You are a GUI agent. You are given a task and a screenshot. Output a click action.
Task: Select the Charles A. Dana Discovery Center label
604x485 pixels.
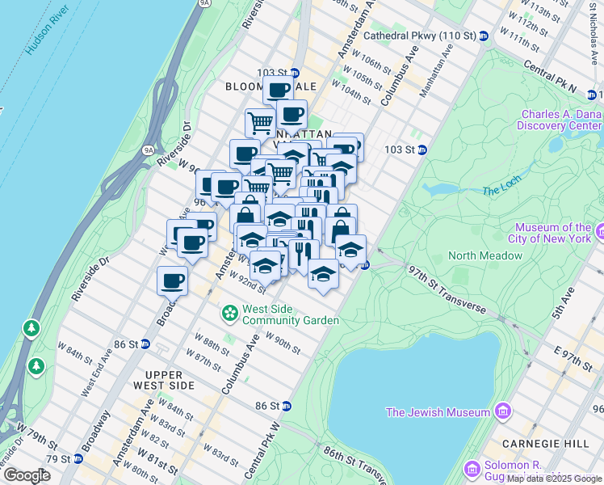pyautogui.click(x=560, y=120)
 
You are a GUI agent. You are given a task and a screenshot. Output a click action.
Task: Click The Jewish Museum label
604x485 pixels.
pyautogui.click(x=438, y=412)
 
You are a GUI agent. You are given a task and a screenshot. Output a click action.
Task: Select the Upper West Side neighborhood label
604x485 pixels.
pyautogui.click(x=170, y=380)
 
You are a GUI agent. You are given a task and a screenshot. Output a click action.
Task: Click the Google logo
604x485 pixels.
pyautogui.click(x=27, y=475)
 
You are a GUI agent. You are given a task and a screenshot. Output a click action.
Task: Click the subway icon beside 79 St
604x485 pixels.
pyautogui.click(x=78, y=459)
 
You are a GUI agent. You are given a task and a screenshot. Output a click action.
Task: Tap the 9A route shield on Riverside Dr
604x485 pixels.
pyautogui.click(x=148, y=150)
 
